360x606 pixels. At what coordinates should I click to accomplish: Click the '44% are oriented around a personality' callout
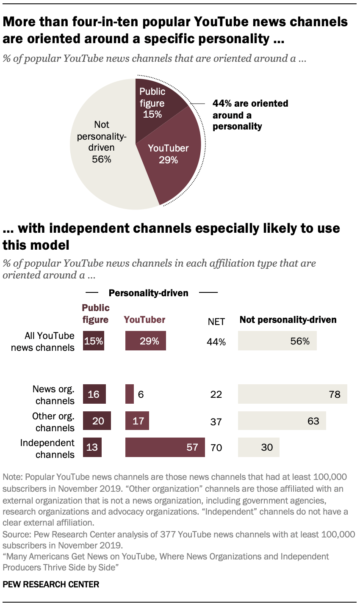250,115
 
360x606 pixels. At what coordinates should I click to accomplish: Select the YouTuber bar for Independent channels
165,447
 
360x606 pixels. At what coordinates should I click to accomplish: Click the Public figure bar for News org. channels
94,394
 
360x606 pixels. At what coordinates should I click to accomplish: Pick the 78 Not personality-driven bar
292,394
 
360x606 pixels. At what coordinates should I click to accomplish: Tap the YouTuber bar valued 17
137,421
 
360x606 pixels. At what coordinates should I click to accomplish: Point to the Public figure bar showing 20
97,421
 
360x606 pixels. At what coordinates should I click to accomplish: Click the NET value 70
216,447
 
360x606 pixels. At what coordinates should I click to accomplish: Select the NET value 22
216,394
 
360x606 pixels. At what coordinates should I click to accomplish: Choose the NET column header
216,322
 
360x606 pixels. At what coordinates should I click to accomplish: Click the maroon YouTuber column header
144,320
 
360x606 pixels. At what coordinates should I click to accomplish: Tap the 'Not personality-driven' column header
288,320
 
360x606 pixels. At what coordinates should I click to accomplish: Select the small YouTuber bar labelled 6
129,394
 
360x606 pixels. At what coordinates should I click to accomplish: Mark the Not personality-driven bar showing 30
258,447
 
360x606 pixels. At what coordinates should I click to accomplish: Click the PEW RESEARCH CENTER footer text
51,584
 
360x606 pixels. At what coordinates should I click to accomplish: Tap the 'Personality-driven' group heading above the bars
148,293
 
